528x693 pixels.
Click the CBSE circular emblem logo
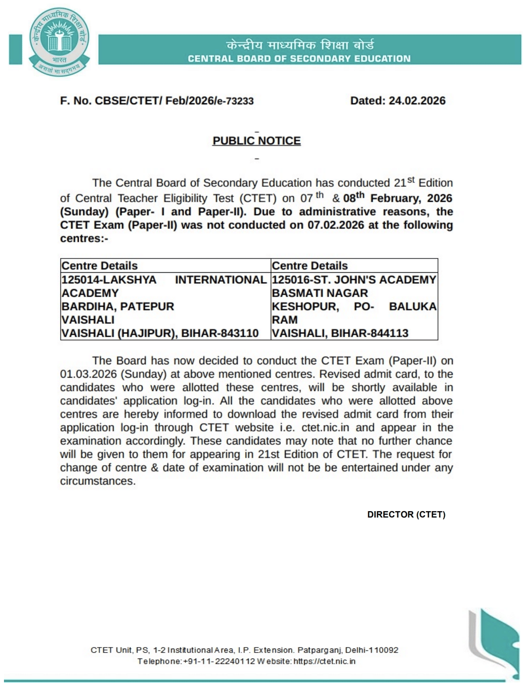click(x=59, y=43)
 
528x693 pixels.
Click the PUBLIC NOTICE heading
click(x=257, y=141)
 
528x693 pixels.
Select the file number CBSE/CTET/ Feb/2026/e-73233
click(x=174, y=101)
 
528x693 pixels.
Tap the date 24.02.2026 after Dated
click(x=417, y=101)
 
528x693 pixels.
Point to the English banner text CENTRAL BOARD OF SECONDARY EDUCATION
click(x=299, y=59)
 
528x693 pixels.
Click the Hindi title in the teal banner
click(x=300, y=45)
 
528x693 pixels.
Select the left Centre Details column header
click(x=99, y=266)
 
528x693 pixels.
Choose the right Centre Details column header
click(x=309, y=266)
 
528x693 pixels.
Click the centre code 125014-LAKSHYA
click(x=109, y=280)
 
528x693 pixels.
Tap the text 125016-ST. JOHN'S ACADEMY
click(x=354, y=280)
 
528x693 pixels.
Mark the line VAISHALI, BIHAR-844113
click(x=340, y=333)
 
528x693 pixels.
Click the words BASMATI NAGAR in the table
click(x=320, y=293)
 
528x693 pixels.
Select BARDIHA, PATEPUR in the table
click(x=118, y=306)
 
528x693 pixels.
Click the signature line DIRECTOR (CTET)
click(x=406, y=515)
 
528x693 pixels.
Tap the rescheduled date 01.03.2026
click(x=88, y=374)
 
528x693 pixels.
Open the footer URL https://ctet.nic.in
click(x=324, y=661)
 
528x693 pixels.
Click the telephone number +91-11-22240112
click(x=219, y=661)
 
